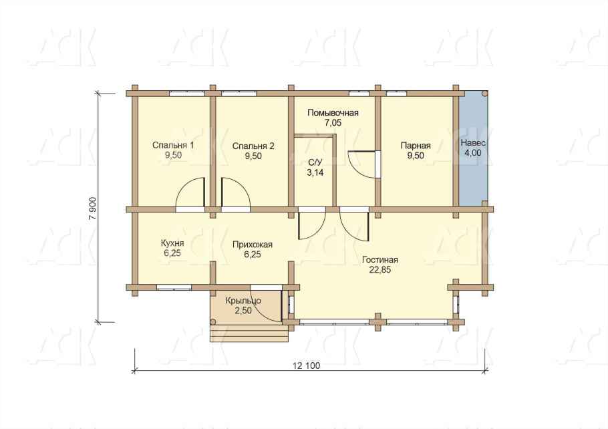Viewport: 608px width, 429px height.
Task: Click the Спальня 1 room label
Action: coord(173,146)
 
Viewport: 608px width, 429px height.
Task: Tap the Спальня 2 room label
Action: coord(253,146)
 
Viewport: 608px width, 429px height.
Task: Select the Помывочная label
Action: coord(333,113)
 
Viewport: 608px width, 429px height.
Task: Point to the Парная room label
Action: coord(416,146)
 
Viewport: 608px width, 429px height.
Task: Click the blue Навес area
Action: coord(473,148)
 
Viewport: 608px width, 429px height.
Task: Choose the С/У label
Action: coord(315,163)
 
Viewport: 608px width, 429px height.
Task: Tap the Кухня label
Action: coord(172,244)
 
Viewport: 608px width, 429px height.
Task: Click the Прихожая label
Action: coord(253,245)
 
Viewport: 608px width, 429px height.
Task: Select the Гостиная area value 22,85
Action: coord(380,270)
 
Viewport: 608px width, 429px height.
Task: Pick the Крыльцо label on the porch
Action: coord(243,301)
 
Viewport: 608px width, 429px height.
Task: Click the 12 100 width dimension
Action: coord(307,366)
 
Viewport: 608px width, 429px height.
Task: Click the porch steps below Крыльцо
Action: coord(250,333)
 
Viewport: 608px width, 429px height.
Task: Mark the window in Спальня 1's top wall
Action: coord(187,94)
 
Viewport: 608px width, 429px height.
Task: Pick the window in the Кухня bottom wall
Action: coord(174,287)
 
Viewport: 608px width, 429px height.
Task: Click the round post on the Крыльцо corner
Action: coord(213,322)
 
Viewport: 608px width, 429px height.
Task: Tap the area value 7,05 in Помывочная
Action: coord(333,123)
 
